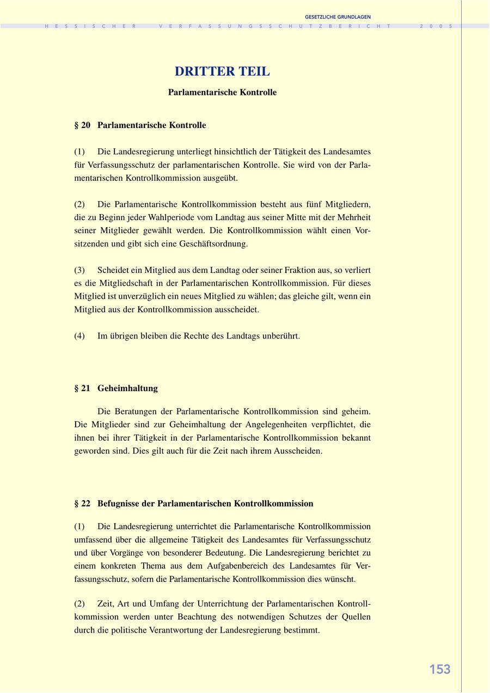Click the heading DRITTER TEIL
pyautogui.click(x=222, y=71)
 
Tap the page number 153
pyautogui.click(x=440, y=670)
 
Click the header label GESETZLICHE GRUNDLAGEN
pyautogui.click(x=338, y=17)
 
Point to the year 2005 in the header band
pyautogui.click(x=436, y=26)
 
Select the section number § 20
pyautogui.click(x=82, y=125)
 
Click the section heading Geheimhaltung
pyautogui.click(x=127, y=388)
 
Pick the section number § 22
pyautogui.click(x=82, y=503)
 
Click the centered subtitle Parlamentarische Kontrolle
pyautogui.click(x=222, y=93)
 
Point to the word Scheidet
pyautogui.click(x=113, y=270)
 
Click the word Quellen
pyautogui.click(x=356, y=617)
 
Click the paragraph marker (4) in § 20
pyautogui.click(x=79, y=336)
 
